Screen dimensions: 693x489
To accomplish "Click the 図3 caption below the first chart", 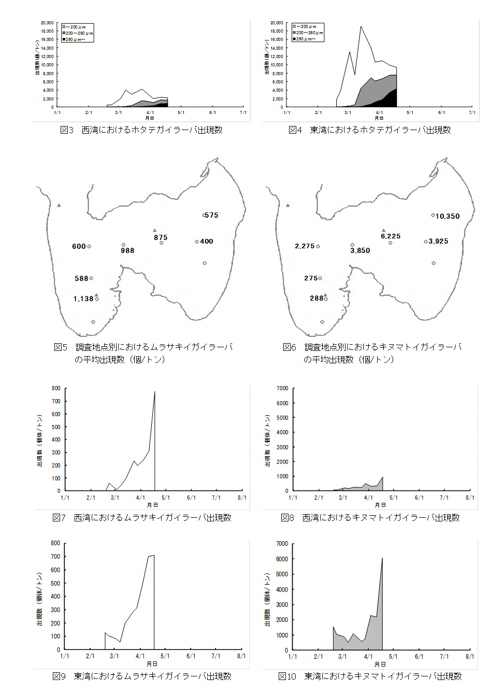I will [141, 130].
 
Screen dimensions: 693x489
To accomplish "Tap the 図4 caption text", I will [370, 130].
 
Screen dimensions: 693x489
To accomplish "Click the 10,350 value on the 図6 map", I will [448, 216].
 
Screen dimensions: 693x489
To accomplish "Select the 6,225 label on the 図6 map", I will [391, 236].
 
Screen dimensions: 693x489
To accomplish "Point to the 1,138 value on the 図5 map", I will [83, 299].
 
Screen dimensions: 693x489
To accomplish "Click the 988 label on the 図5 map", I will [127, 250].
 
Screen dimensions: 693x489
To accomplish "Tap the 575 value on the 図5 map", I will [211, 215].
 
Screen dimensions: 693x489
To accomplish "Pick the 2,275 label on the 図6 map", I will [305, 246].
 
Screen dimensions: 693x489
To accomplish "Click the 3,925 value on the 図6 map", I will [438, 241].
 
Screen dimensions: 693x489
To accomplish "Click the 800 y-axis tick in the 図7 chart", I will [56, 388].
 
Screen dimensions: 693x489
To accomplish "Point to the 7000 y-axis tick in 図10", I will [282, 543].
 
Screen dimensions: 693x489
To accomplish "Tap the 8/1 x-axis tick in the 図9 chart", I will [241, 656].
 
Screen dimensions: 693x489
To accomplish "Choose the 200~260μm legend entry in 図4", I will [309, 33].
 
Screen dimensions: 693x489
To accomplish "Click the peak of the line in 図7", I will [155, 392].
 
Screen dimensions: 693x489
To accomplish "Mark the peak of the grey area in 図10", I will [382, 558].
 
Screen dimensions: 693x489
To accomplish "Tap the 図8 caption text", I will [370, 517].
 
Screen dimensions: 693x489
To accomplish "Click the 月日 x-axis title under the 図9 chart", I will [152, 663].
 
